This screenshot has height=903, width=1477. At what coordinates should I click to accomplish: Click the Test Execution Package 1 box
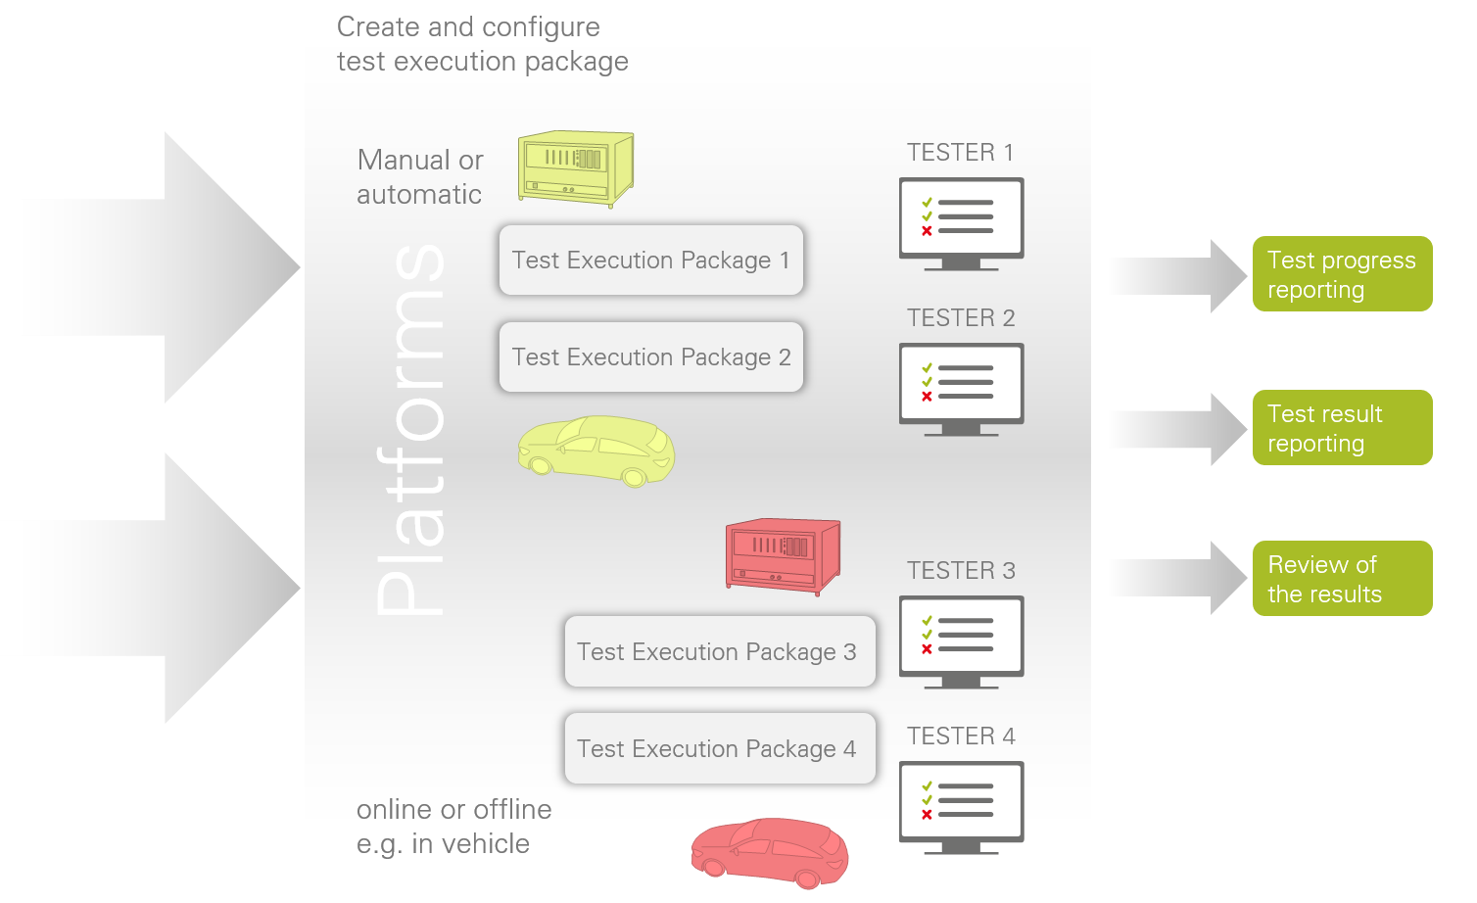click(650, 261)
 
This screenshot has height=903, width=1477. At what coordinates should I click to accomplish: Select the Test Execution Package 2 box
click(650, 357)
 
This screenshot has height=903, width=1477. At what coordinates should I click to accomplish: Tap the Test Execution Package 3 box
click(719, 651)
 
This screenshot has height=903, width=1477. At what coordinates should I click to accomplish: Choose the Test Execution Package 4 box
click(719, 748)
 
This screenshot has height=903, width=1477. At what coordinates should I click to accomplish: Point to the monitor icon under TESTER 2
click(961, 388)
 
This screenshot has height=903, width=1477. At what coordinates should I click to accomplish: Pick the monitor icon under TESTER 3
click(961, 641)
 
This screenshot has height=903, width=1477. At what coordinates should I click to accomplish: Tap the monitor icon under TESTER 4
click(961, 806)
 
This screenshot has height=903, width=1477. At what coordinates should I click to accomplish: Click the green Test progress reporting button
click(1342, 274)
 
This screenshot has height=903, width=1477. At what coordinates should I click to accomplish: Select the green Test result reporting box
click(1342, 428)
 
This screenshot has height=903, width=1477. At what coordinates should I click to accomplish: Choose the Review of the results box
click(1342, 579)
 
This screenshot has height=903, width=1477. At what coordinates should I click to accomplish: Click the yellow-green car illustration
click(596, 451)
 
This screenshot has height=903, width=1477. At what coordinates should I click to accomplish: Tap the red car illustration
click(770, 852)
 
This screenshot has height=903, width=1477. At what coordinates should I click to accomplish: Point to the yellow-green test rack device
click(576, 168)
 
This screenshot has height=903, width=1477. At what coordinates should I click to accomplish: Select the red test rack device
click(783, 555)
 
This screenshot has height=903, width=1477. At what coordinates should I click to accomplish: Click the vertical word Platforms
click(411, 431)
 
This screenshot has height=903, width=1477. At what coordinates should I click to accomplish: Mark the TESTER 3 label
click(961, 571)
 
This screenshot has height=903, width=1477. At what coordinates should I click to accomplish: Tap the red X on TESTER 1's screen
click(927, 231)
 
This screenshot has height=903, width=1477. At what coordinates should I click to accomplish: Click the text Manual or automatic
click(420, 177)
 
